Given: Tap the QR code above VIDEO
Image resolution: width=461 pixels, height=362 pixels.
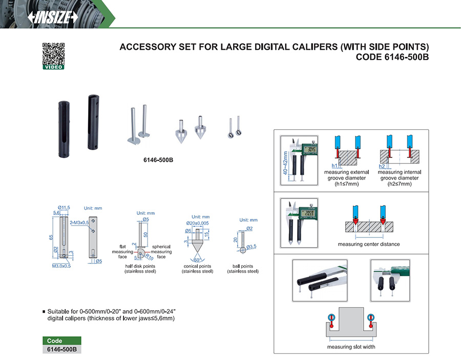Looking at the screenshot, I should [x=52, y=53].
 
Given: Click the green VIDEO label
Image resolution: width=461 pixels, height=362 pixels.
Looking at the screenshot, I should [x=52, y=67].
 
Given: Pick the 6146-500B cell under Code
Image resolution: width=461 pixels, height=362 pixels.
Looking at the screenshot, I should [x=61, y=349].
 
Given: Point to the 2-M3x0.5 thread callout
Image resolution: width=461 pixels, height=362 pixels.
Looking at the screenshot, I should [x=79, y=223].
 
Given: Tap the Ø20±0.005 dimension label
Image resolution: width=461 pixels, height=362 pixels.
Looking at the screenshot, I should [x=197, y=223].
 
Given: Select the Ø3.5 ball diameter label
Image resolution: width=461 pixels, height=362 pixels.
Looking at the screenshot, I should [x=252, y=247].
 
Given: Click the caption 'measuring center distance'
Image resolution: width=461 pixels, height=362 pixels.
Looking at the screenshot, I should [x=369, y=244].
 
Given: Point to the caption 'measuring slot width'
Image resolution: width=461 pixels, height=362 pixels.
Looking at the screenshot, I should [x=351, y=347].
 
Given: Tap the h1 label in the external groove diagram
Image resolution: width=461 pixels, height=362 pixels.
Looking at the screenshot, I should [x=333, y=166].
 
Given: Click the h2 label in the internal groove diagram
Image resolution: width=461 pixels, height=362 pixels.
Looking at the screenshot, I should [x=382, y=166].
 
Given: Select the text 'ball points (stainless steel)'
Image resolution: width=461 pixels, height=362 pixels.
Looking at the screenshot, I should [x=243, y=269].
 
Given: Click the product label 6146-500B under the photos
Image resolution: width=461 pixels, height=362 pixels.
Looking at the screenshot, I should [x=158, y=159].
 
